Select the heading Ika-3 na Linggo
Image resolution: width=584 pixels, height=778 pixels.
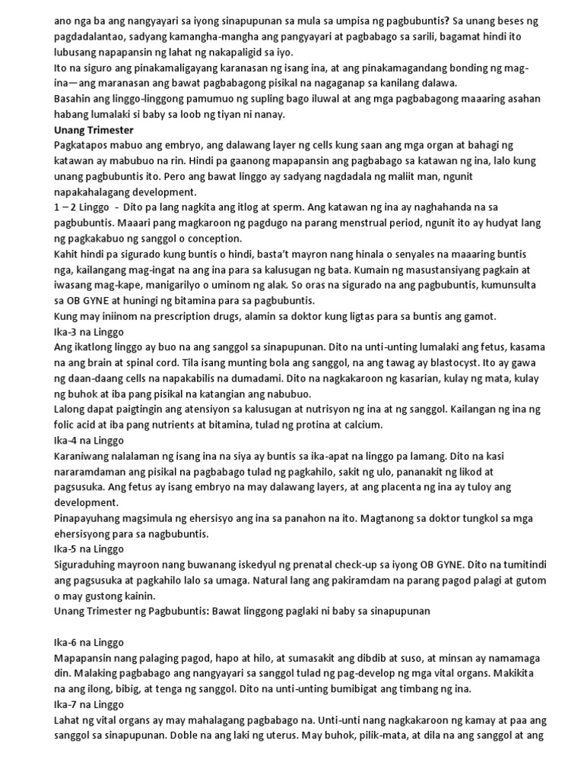pos(90,332)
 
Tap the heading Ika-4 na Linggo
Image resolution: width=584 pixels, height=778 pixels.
pos(90,440)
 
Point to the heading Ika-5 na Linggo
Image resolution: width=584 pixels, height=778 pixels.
pos(90,548)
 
